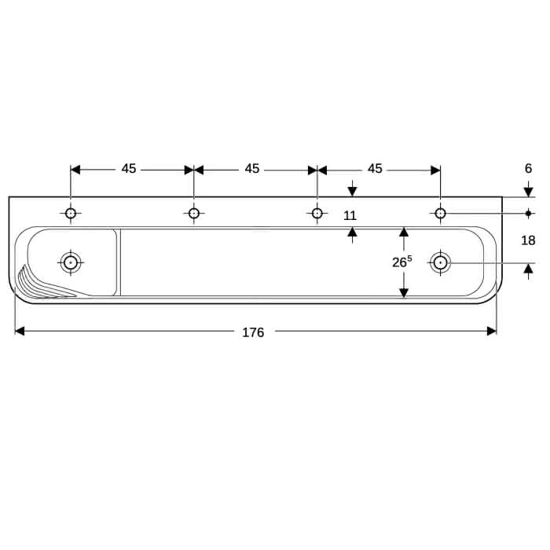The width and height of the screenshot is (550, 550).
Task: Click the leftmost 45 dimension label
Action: (129, 169)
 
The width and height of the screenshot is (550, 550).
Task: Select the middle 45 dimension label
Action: (252, 169)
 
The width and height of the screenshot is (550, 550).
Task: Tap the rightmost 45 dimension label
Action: (375, 169)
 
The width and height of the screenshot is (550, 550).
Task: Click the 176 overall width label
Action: (253, 332)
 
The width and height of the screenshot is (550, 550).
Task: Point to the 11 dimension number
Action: (350, 216)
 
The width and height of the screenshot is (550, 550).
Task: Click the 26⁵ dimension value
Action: (402, 262)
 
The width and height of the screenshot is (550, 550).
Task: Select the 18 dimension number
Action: (528, 240)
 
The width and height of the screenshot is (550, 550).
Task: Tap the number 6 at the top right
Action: (528, 168)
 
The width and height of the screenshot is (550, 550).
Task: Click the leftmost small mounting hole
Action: (71, 213)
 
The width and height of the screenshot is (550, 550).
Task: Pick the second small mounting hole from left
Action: (194, 213)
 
